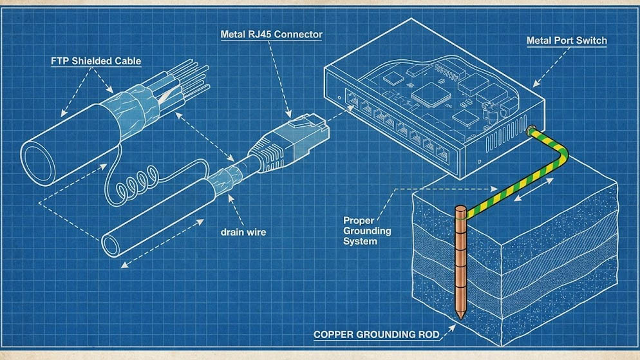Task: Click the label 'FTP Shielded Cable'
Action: (96, 61)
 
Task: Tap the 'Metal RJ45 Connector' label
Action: (271, 34)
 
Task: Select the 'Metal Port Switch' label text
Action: (566, 41)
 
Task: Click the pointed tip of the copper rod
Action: (461, 316)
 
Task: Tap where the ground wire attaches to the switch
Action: (531, 131)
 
